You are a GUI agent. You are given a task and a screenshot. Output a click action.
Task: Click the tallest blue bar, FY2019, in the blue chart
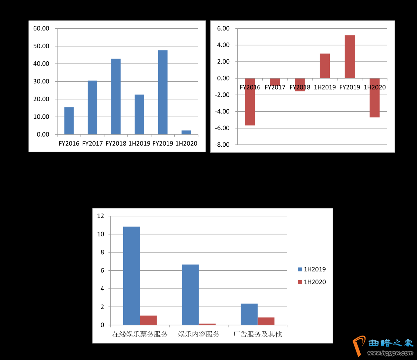pos(162,92)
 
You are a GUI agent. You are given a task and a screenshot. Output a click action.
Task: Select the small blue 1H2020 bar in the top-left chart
pos(186,132)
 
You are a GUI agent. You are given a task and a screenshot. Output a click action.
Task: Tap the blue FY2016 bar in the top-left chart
pos(69,121)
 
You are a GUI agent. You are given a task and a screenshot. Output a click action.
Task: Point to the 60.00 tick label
pos(41,28)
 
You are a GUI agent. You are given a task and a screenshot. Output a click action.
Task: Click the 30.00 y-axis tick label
pos(41,81)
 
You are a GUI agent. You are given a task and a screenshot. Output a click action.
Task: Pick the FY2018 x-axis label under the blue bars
pos(116,144)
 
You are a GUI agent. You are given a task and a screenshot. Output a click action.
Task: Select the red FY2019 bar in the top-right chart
pos(349,57)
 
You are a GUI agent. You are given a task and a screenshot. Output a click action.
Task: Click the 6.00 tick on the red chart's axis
pos(223,28)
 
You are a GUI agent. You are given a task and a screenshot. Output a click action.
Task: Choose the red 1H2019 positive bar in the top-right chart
pos(325,66)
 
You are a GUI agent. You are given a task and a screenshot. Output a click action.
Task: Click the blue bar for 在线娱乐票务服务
pos(131,276)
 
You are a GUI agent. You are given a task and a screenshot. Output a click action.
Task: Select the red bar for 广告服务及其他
pos(266,321)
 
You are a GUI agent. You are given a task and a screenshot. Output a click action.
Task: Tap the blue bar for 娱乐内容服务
pos(190,295)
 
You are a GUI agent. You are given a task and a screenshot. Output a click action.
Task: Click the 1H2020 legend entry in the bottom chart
pos(314,282)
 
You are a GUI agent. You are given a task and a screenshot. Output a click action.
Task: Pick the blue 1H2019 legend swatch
pos(300,269)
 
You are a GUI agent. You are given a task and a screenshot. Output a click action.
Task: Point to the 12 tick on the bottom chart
pos(101,216)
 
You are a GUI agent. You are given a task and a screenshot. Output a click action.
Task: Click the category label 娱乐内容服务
pos(199,334)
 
